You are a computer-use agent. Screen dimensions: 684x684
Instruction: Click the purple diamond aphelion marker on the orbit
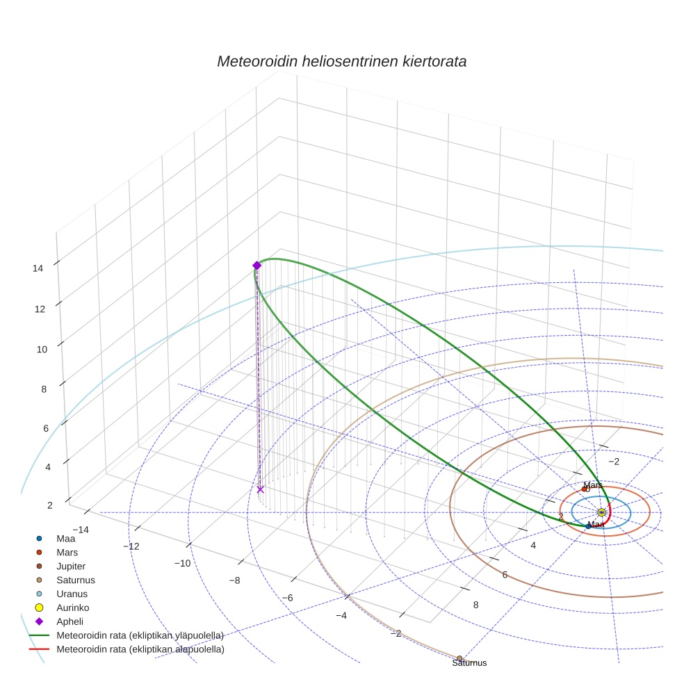[x=256, y=265]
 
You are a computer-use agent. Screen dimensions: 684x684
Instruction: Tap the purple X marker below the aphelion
[x=260, y=489]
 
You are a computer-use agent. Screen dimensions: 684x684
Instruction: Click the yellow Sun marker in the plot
[x=601, y=513]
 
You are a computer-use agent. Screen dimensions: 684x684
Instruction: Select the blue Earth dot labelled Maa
[x=588, y=526]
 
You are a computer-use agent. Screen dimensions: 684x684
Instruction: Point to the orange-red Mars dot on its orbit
[x=584, y=489]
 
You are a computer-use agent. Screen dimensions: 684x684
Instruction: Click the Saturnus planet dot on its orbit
[x=459, y=658]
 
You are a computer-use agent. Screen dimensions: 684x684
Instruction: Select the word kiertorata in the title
[x=434, y=61]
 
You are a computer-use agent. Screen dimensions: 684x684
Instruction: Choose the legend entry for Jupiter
[x=72, y=566]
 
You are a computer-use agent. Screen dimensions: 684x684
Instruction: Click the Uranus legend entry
[x=72, y=594]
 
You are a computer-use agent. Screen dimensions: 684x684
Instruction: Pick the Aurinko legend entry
[x=72, y=608]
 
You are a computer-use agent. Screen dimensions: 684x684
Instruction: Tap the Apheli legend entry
[x=70, y=621]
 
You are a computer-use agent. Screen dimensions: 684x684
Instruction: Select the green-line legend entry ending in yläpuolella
[x=139, y=635]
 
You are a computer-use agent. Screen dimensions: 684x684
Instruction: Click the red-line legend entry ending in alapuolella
[x=140, y=649]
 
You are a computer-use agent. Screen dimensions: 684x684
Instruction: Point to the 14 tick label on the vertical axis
[x=38, y=268]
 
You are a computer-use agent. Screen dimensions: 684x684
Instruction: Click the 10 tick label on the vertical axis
[x=42, y=350]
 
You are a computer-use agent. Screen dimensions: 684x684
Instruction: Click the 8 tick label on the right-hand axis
[x=475, y=605]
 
